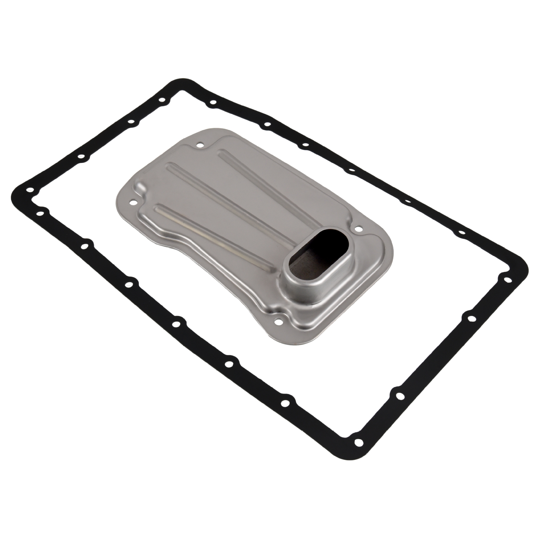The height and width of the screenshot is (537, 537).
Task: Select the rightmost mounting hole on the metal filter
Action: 357,226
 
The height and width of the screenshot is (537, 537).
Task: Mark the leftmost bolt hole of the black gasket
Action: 30,190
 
